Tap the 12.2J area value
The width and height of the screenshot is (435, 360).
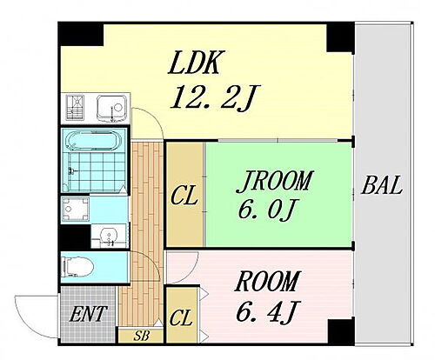215,97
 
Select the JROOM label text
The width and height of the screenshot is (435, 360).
275,182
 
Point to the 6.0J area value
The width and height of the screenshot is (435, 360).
266,210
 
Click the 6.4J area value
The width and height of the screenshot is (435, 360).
268,311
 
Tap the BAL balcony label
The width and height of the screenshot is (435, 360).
382,185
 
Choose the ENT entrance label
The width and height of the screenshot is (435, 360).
88,314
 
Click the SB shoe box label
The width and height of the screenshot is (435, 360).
142,336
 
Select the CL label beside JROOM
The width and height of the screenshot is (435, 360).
184,197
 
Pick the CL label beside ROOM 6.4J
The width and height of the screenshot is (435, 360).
181,318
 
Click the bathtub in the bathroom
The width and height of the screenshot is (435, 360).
92,141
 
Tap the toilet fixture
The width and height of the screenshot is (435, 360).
77,267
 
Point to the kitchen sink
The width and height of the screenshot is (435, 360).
112,108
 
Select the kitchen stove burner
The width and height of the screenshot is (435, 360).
76,107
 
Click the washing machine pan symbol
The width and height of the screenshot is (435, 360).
76,209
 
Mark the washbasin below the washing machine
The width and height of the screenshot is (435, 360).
110,237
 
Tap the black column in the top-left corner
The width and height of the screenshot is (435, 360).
81,34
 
